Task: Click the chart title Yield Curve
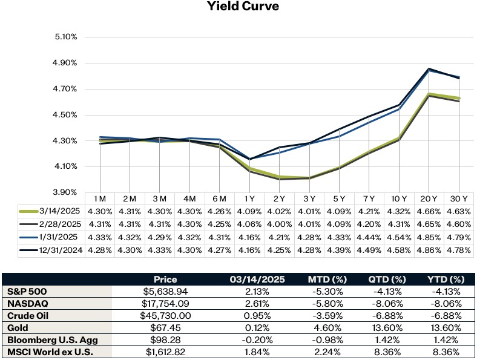(238, 7)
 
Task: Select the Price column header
(165, 280)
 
